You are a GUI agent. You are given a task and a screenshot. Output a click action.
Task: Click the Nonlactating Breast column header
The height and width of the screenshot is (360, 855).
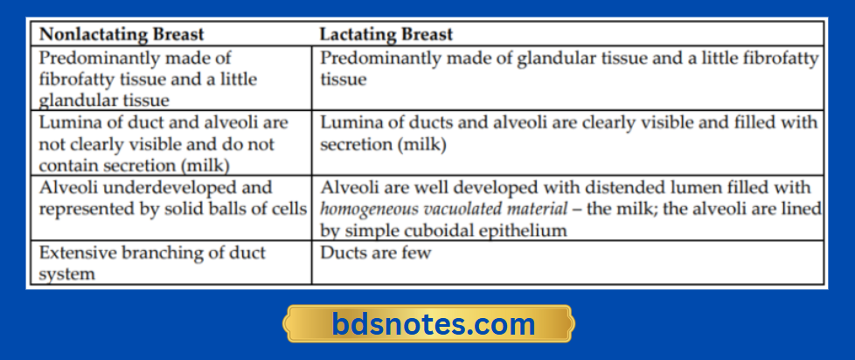(122, 35)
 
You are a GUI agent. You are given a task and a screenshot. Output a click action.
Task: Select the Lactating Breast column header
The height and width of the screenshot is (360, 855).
(386, 35)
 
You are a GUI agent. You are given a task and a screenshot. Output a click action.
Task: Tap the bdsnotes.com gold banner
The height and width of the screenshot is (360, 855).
(428, 324)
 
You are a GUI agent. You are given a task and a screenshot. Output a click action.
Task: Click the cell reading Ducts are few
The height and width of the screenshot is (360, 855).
(375, 253)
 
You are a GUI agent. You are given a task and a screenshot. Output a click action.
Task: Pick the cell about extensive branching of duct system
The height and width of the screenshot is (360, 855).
(151, 262)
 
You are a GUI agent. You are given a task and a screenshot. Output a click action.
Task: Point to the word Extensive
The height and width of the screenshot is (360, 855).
(74, 253)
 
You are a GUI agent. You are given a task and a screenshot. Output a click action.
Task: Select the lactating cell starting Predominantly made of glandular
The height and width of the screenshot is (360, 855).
(568, 68)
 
